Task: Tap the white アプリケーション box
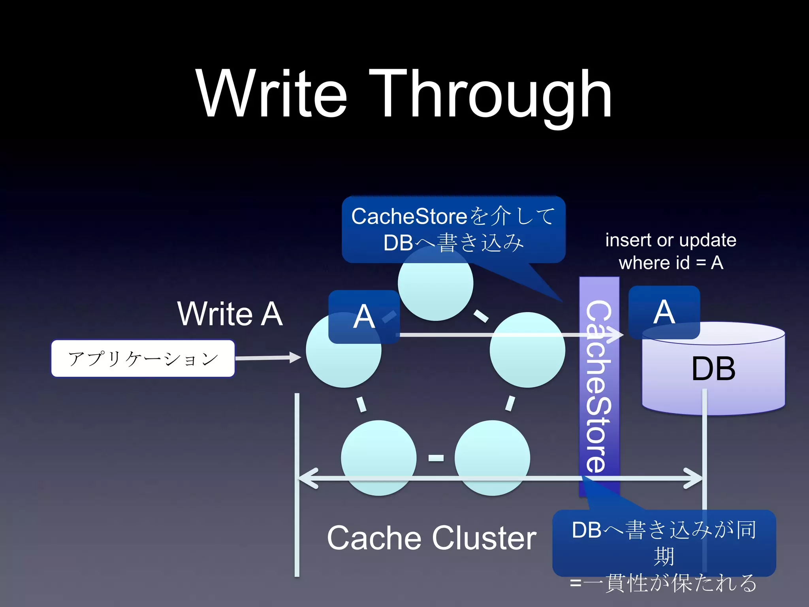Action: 143,358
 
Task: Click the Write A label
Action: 230,314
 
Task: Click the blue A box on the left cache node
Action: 363,317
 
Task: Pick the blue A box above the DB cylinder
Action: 664,312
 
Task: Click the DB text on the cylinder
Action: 713,369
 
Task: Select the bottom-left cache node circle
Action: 378,458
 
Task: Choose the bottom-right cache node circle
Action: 492,458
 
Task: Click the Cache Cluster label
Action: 431,538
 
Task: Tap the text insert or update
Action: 671,240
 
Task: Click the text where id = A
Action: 671,263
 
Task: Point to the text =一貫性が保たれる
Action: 664,583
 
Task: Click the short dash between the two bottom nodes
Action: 436,458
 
